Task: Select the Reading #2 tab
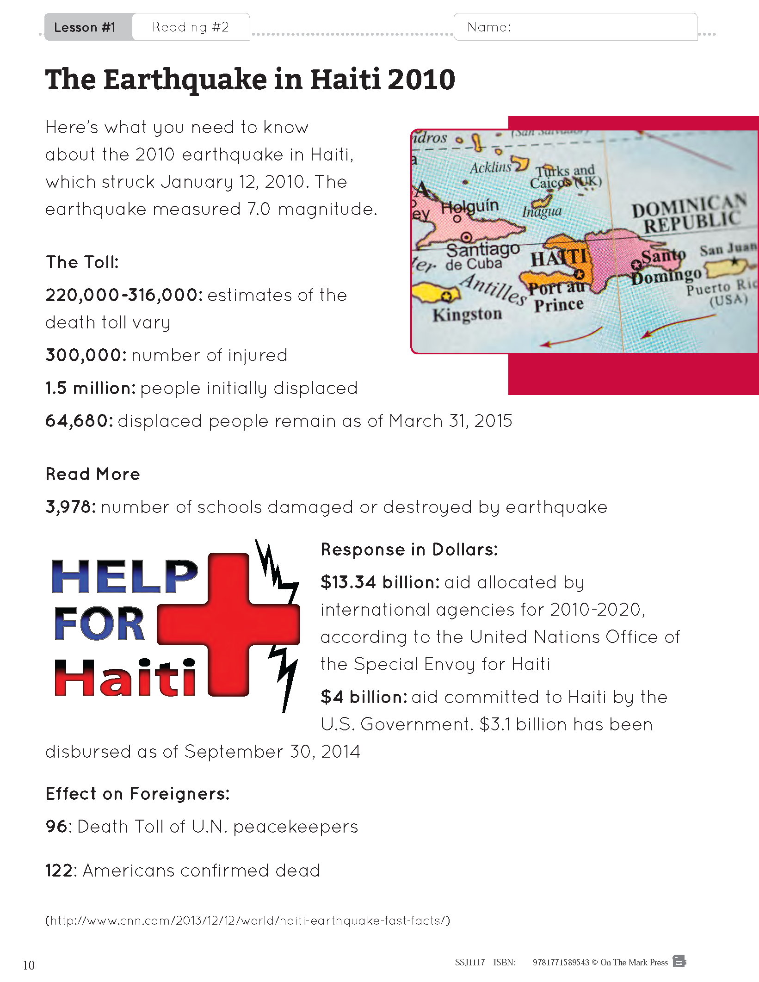click(191, 27)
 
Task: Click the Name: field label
click(489, 27)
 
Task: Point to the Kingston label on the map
click(467, 315)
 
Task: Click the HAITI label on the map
click(559, 258)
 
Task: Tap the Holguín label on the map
click(470, 206)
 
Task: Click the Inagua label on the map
click(542, 212)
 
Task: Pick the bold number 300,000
click(86, 355)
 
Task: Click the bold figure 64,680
click(79, 421)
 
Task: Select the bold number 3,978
click(71, 507)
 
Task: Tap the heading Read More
click(93, 474)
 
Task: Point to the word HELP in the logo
click(125, 576)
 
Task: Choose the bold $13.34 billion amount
click(380, 582)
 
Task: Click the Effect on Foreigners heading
click(137, 794)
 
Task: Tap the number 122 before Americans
click(59, 871)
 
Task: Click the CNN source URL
click(248, 920)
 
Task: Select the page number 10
click(29, 965)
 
